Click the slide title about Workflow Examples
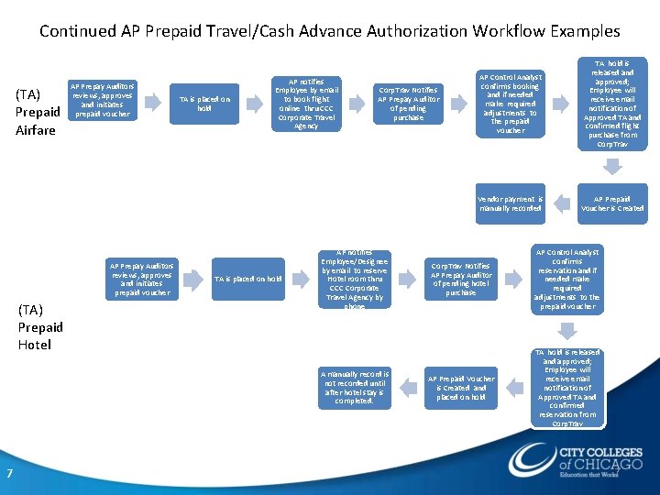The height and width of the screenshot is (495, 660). click(x=329, y=31)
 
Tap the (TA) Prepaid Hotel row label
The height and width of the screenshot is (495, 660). click(x=40, y=326)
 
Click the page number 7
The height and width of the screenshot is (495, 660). click(x=9, y=473)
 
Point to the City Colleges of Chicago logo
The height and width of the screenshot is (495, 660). click(x=576, y=459)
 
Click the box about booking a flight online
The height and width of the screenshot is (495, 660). click(x=306, y=103)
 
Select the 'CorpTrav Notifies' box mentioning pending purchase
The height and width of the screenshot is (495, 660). click(x=408, y=104)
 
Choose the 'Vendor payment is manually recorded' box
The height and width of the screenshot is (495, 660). click(x=511, y=203)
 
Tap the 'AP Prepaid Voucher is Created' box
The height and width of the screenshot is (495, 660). click(x=611, y=203)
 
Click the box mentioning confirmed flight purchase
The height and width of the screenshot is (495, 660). click(x=611, y=104)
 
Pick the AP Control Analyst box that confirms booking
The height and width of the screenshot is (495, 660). click(x=511, y=104)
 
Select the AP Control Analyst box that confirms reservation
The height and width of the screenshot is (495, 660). click(x=566, y=279)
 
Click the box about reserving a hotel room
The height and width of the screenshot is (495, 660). click(x=355, y=279)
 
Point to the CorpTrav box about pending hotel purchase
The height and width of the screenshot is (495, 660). click(x=460, y=279)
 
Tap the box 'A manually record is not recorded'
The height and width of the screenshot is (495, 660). click(x=355, y=387)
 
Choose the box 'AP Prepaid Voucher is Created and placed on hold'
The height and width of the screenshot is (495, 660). click(x=460, y=387)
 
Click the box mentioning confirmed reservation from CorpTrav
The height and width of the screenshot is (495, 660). click(x=566, y=387)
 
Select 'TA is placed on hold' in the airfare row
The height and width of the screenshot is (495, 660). click(x=204, y=104)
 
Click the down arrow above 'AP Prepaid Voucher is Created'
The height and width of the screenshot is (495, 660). click(x=611, y=166)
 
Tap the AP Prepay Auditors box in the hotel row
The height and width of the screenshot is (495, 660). click(x=143, y=279)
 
